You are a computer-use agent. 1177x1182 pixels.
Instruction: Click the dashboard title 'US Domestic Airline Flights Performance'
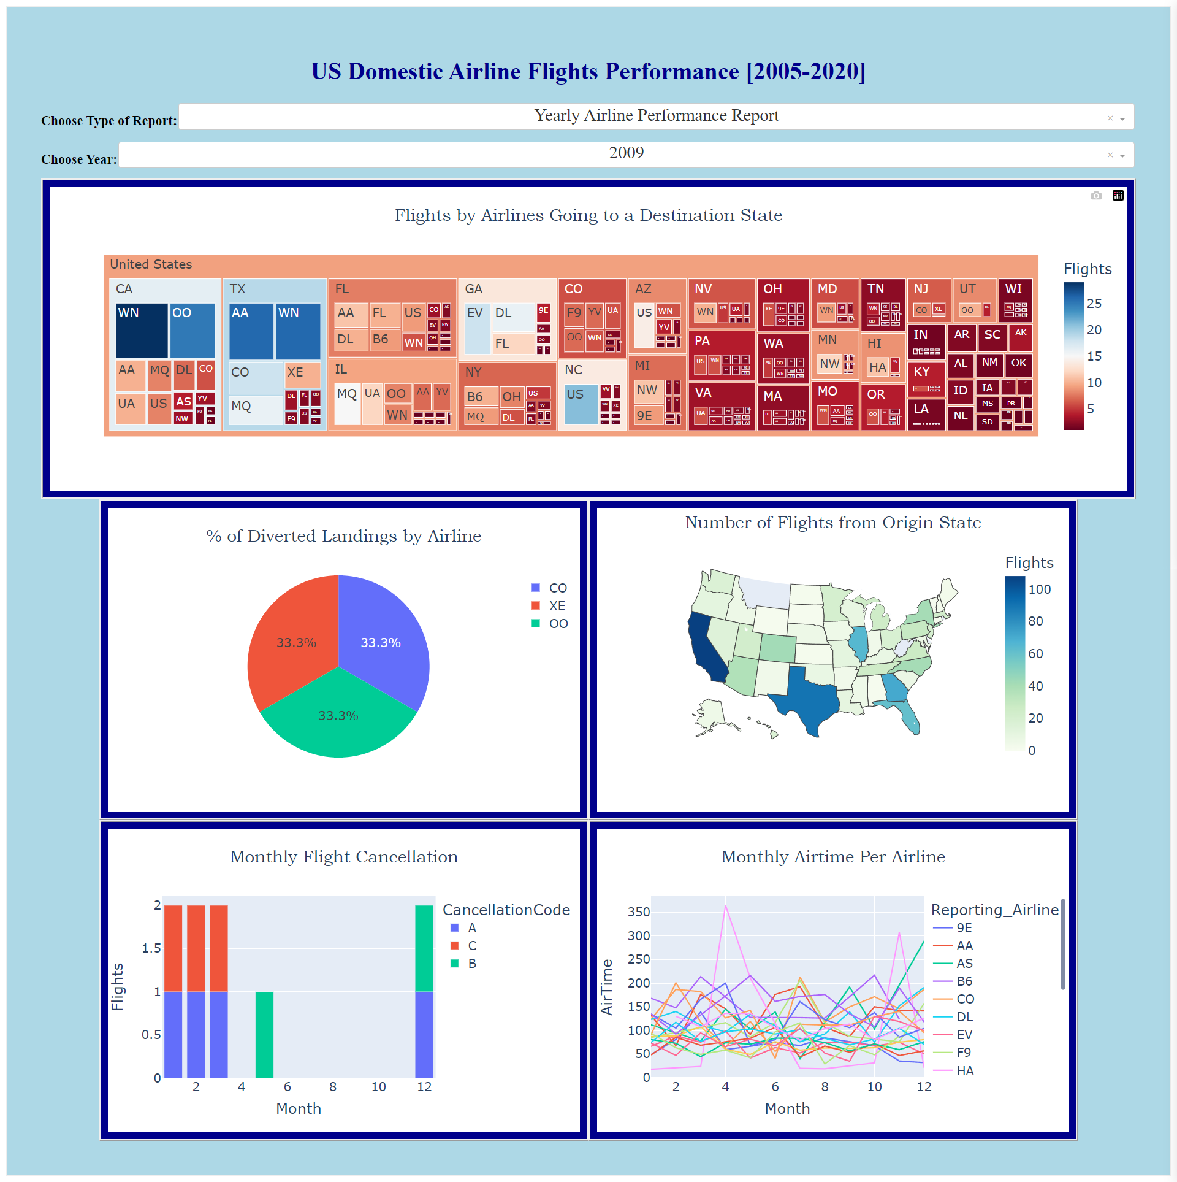588,72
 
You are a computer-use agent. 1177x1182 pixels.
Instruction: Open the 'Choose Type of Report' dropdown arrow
1122,119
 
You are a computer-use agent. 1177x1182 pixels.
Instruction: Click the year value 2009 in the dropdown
626,153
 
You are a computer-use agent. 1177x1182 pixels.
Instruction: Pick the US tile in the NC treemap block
580,404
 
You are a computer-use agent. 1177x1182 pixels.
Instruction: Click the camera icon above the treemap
1096,196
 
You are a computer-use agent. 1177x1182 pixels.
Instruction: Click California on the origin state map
705,647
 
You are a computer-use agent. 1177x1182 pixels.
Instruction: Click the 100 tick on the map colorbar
1039,589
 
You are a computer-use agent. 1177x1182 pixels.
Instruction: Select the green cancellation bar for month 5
264,1034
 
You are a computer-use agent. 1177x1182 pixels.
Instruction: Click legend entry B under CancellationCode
471,964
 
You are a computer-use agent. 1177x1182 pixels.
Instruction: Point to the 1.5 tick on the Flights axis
151,948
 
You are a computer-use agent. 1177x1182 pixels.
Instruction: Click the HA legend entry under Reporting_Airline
964,1071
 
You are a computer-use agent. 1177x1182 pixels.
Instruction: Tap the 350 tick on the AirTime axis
638,912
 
